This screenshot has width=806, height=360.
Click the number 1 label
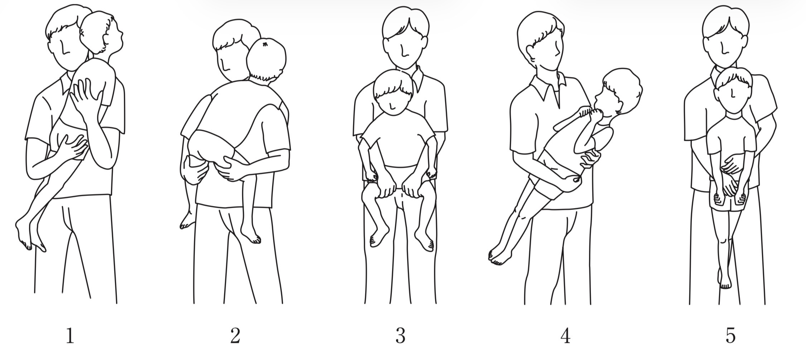70,336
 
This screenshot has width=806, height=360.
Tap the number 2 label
235,336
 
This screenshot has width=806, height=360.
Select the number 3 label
400,336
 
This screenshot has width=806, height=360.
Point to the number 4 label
565,336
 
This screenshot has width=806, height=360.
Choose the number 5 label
730,336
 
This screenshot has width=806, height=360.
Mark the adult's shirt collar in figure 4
548,88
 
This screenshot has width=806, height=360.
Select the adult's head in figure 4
541,41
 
